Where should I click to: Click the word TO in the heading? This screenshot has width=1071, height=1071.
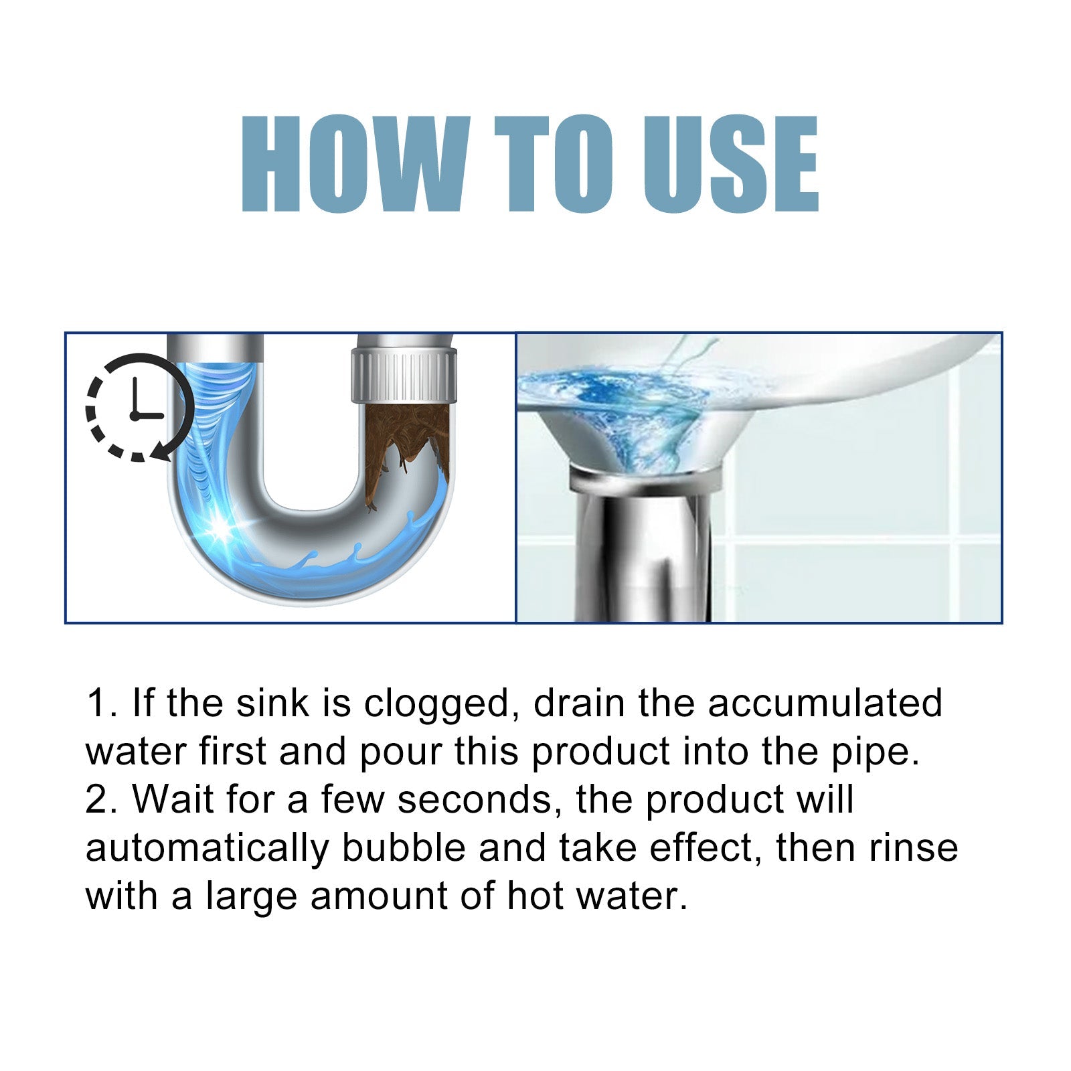pyautogui.click(x=553, y=164)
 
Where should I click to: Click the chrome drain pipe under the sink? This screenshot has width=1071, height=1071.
pyautogui.click(x=643, y=549)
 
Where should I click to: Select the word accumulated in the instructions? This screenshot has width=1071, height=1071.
pyautogui.click(x=825, y=704)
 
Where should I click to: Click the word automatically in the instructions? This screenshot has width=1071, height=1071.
pyautogui.click(x=208, y=849)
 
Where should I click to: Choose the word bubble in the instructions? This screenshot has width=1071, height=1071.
pyautogui.click(x=404, y=847)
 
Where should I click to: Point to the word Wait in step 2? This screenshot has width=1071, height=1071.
pyautogui.click(x=173, y=799)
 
